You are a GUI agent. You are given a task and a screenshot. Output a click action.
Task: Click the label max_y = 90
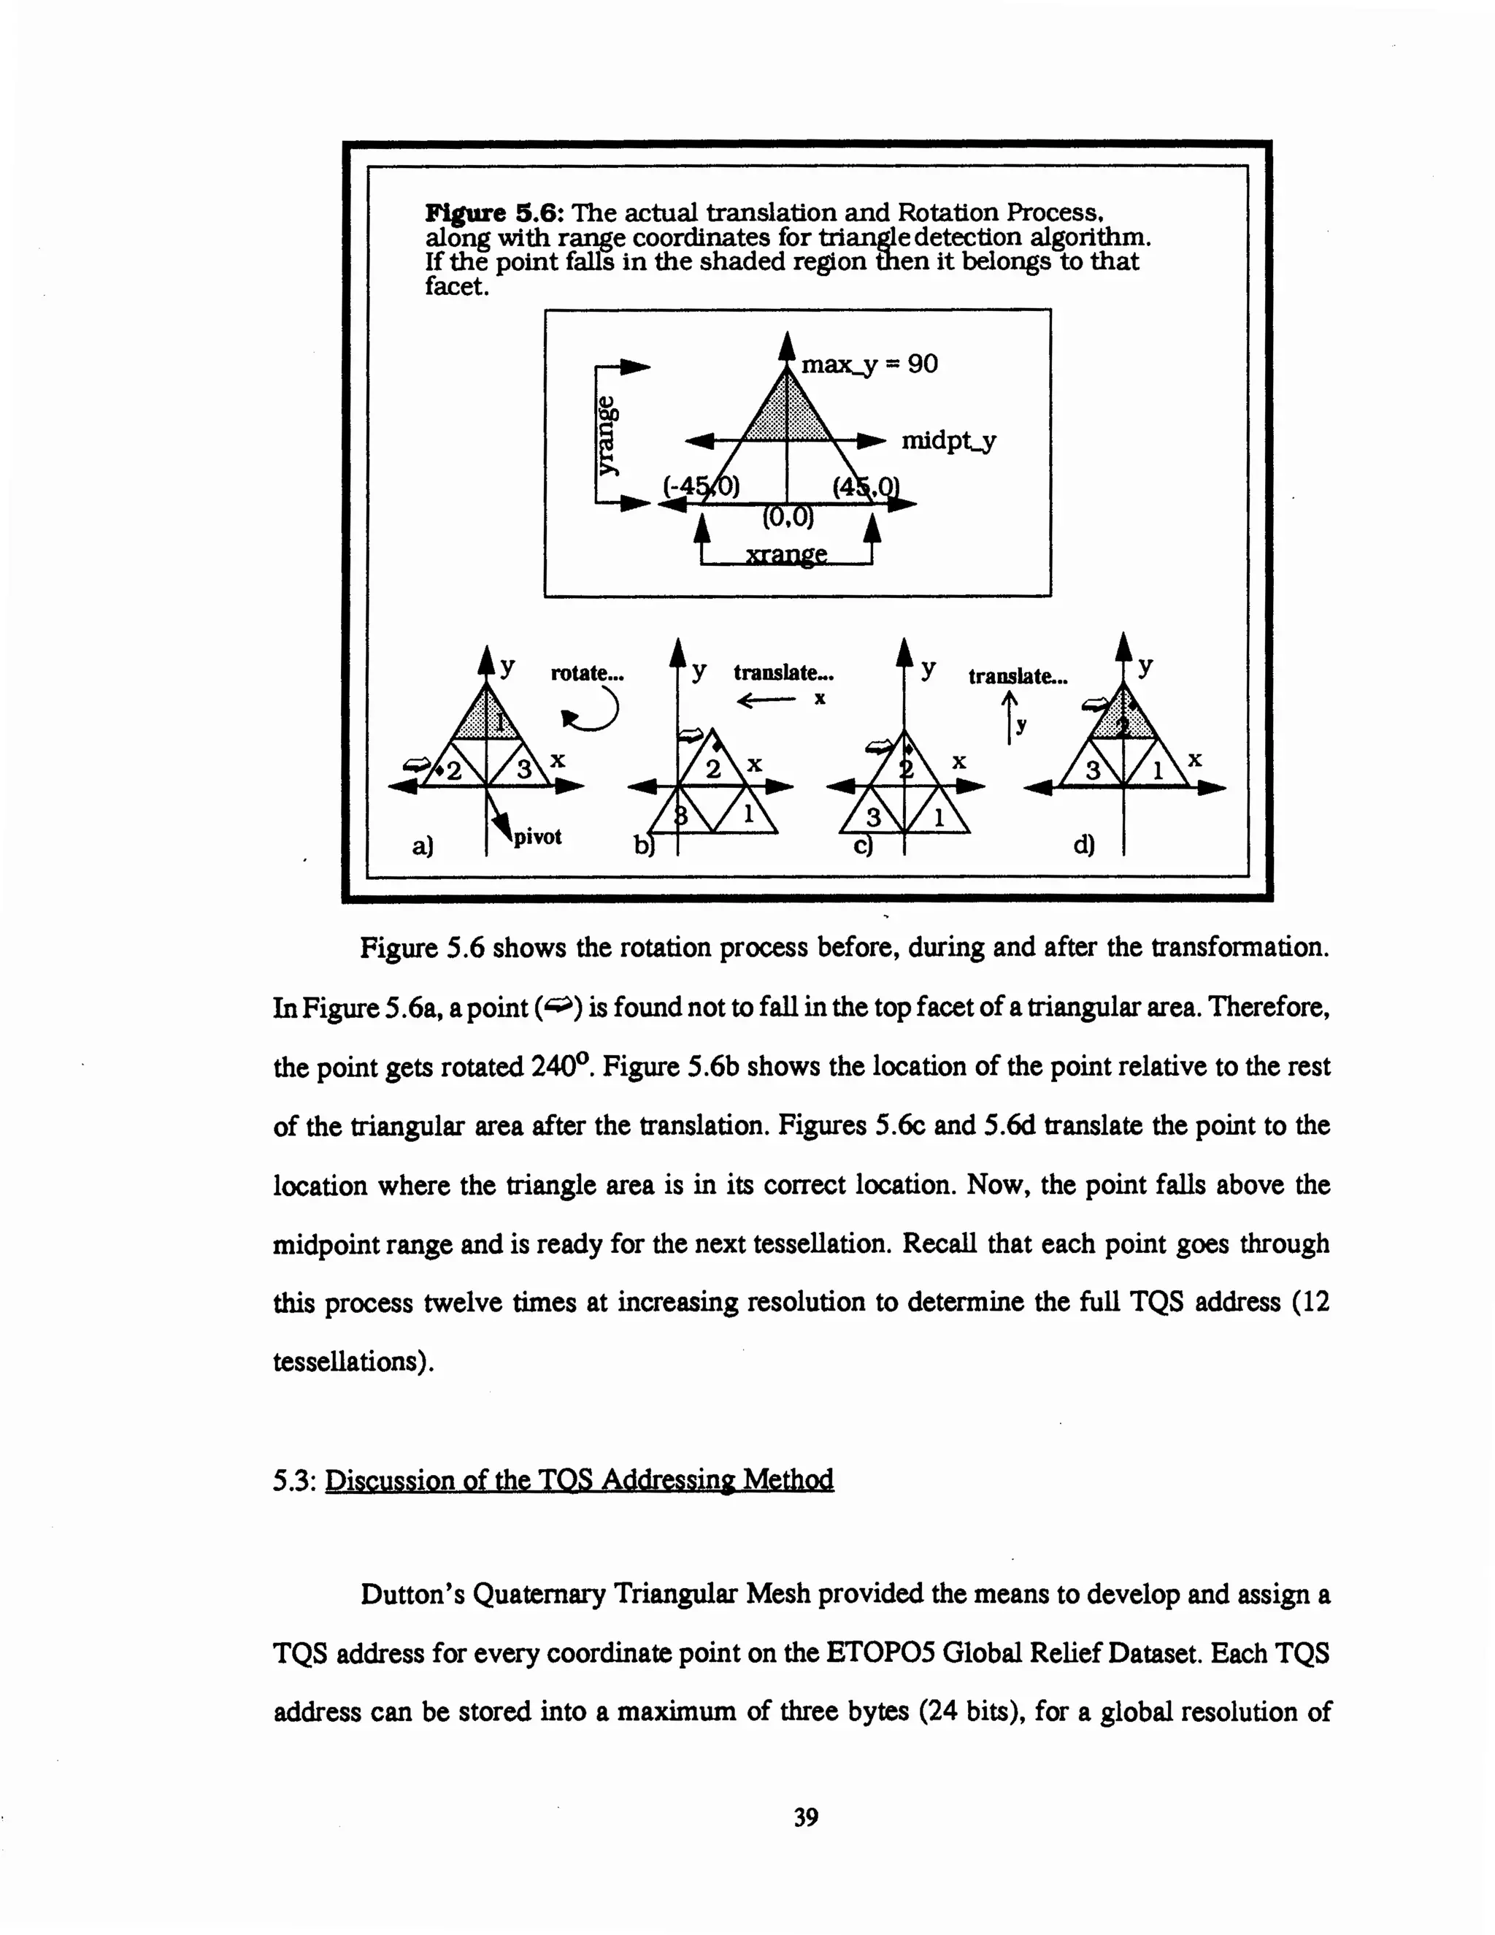869,365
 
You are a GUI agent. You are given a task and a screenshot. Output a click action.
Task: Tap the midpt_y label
948,440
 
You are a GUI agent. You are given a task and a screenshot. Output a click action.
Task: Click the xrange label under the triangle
786,556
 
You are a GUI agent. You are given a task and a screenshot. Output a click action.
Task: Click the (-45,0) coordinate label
702,486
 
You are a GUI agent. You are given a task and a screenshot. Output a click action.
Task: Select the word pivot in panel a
537,836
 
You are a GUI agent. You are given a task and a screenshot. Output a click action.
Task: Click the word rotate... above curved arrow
587,673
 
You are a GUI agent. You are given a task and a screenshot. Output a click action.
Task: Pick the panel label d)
1083,846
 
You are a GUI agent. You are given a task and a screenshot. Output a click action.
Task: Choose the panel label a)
423,846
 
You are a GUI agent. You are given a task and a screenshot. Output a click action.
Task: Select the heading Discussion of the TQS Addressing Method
579,1479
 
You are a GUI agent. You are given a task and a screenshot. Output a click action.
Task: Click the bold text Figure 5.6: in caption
495,213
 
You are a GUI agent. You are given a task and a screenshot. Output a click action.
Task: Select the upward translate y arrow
1009,716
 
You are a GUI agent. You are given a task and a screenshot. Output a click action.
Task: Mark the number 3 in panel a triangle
524,769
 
